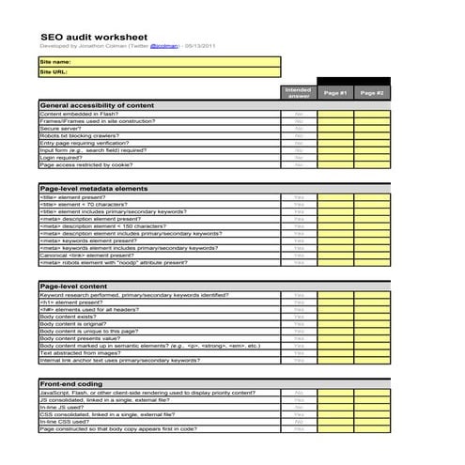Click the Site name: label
tap(56, 62)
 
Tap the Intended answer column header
tap(298, 93)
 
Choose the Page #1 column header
tap(335, 93)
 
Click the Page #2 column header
tap(372, 93)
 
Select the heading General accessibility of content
tap(97, 105)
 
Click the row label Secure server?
tap(65, 128)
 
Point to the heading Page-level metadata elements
tap(94, 189)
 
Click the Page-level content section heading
tap(74, 286)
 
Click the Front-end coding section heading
tap(71, 383)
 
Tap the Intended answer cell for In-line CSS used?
tap(298, 422)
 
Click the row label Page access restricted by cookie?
tap(92, 164)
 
